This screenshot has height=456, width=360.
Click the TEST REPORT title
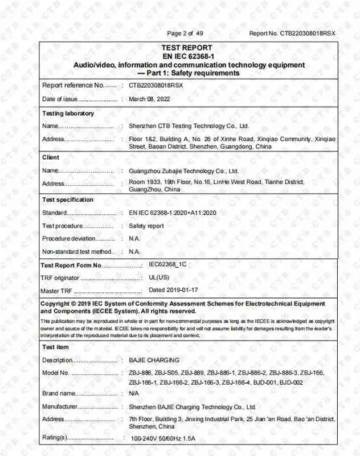click(187, 48)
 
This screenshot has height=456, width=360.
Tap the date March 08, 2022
click(150, 99)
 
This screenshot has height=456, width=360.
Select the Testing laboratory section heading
click(68, 113)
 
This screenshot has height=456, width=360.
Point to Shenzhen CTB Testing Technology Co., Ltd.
click(189, 126)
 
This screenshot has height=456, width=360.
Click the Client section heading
click(51, 157)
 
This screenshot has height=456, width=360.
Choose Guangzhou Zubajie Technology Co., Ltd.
click(184, 170)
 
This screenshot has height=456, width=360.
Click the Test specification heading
click(68, 200)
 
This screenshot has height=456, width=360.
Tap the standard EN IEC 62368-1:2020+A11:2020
click(173, 213)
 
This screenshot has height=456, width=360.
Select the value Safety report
click(146, 226)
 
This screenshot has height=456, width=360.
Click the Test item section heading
click(55, 347)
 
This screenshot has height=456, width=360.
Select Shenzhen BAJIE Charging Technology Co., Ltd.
click(193, 407)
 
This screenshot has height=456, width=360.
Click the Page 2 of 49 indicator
click(185, 33)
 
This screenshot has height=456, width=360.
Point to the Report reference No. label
click(73, 85)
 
